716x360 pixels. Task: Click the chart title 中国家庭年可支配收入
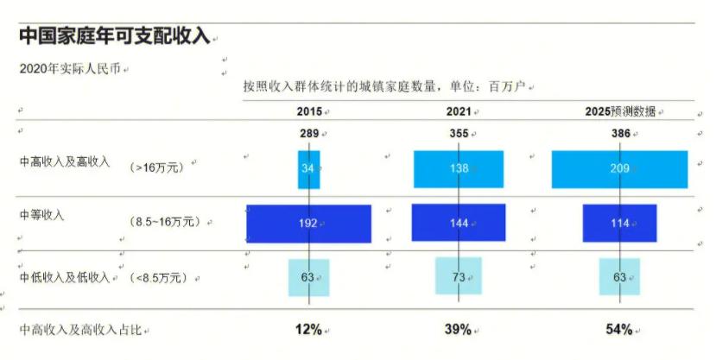[114, 36]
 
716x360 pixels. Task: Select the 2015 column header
[308, 111]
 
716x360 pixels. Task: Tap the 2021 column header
[458, 111]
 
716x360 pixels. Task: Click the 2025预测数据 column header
[619, 111]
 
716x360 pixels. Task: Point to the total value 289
[308, 134]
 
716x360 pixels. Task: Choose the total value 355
[458, 134]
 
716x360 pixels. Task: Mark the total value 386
[619, 134]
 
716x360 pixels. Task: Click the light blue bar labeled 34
[308, 169]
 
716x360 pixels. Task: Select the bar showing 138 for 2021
[458, 169]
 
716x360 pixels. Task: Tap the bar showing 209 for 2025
[619, 169]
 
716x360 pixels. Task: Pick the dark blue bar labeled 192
[308, 223]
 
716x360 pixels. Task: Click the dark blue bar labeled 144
[458, 223]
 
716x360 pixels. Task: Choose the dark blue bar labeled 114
[619, 223]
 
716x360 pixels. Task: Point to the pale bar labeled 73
[458, 276]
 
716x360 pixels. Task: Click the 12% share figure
[308, 329]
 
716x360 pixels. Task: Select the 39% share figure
[458, 329]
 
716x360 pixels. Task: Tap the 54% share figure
[619, 329]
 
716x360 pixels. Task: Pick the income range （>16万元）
[157, 168]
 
